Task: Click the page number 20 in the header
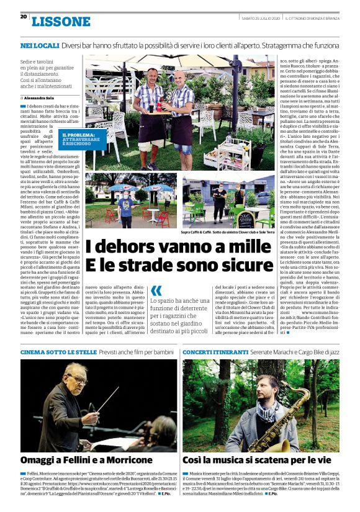23,17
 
